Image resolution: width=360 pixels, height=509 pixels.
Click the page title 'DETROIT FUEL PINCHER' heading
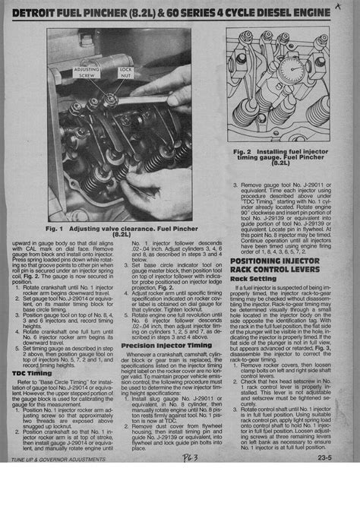pyautogui.click(x=84, y=15)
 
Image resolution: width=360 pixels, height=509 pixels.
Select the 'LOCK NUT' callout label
pyautogui.click(x=125, y=71)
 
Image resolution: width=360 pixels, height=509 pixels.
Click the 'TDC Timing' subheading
pyautogui.click(x=32, y=373)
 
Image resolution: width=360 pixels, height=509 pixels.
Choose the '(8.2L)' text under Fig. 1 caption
pyautogui.click(x=122, y=236)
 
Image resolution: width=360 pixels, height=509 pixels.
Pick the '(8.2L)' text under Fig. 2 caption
pyautogui.click(x=282, y=166)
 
